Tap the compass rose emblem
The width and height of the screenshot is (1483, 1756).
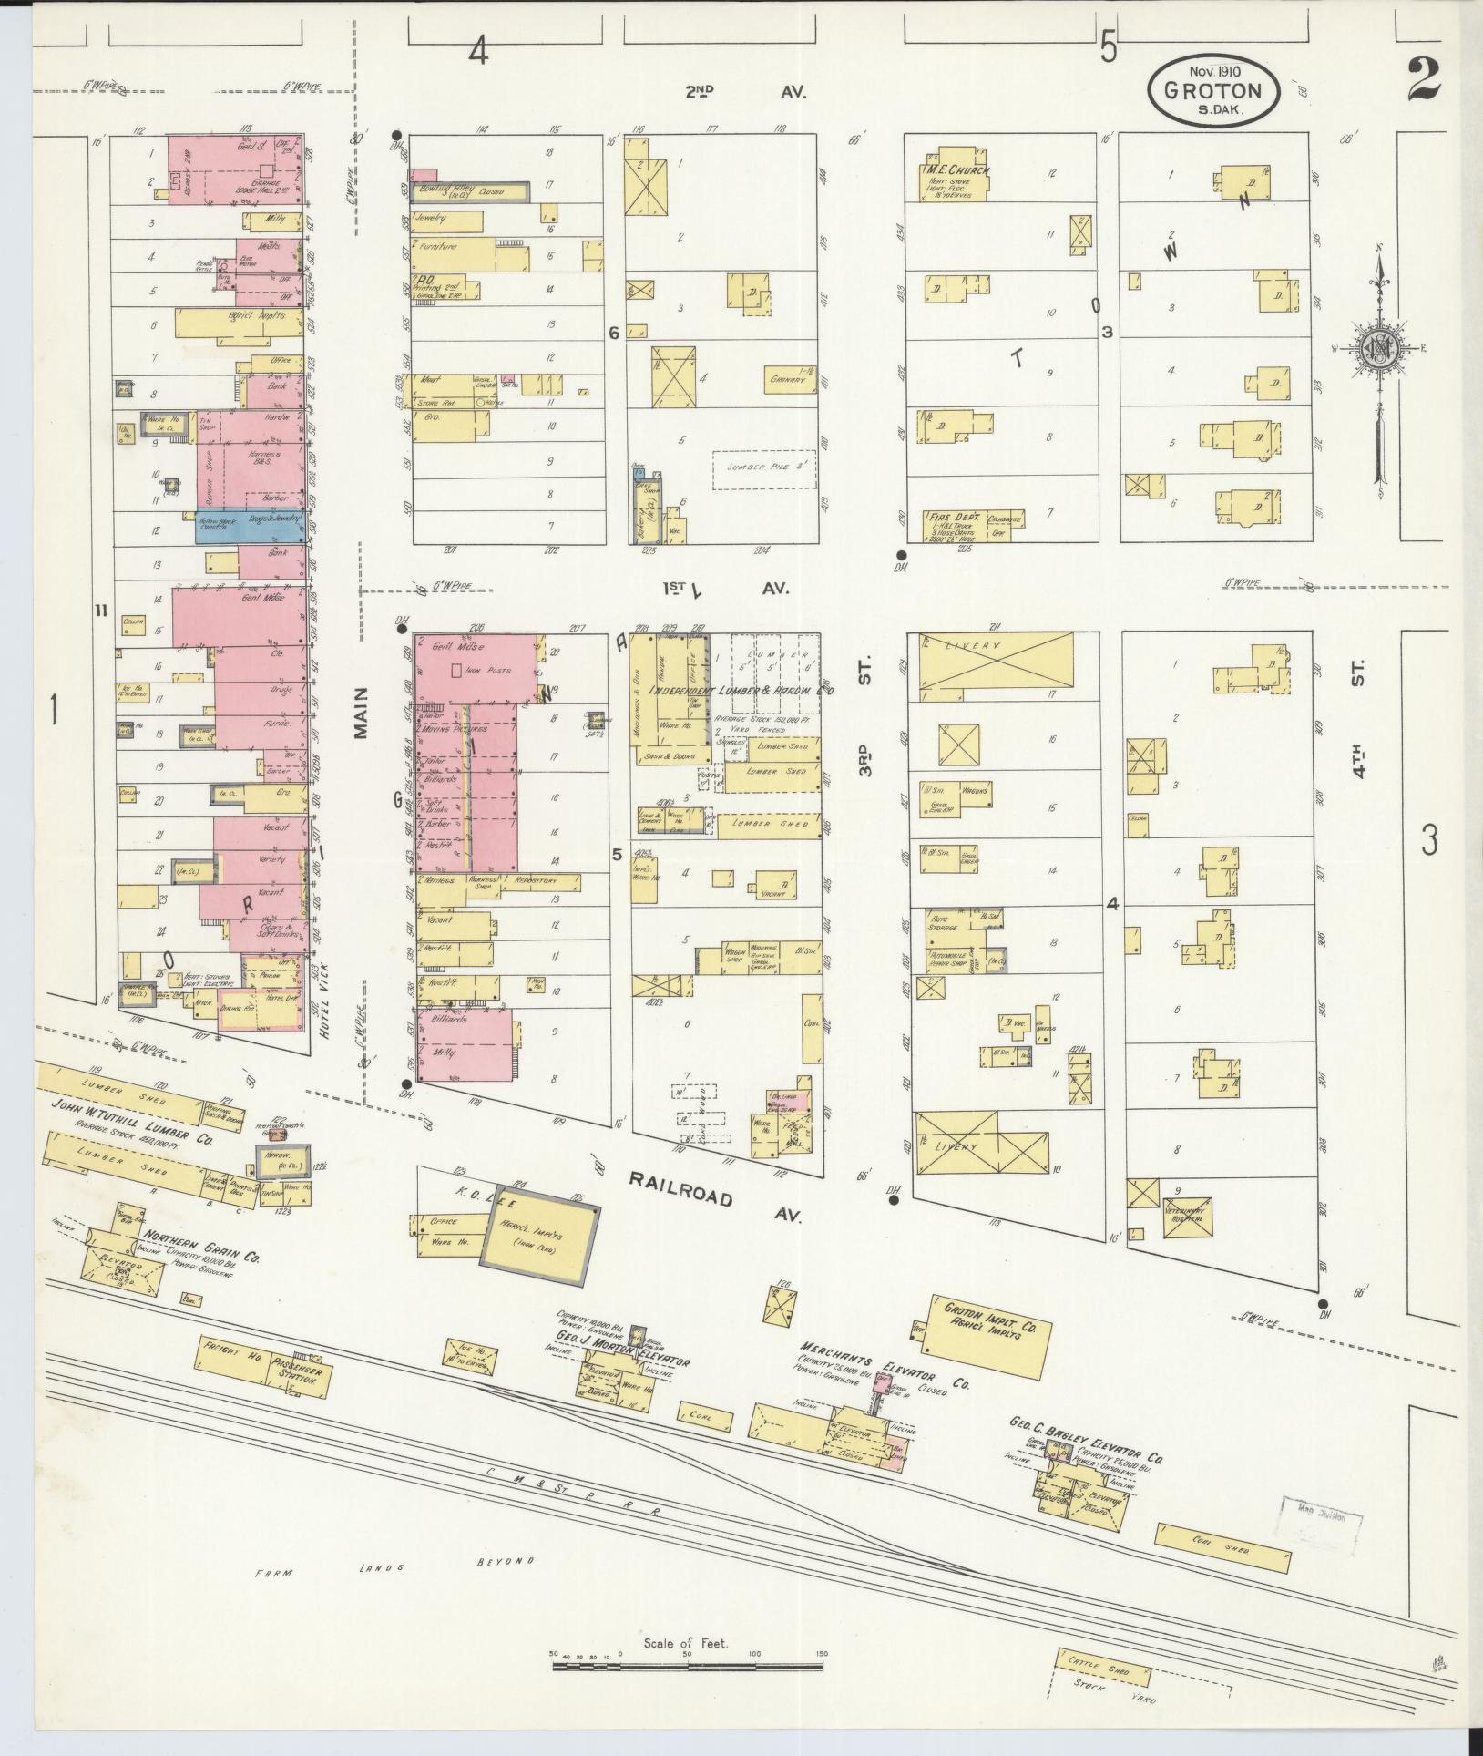[x=1379, y=348]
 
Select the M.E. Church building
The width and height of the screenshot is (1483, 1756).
[x=956, y=174]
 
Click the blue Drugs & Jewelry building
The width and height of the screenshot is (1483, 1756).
[x=250, y=524]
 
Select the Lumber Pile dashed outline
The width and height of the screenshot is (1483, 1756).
[x=762, y=469]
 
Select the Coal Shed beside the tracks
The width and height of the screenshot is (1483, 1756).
[x=1223, y=1546]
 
